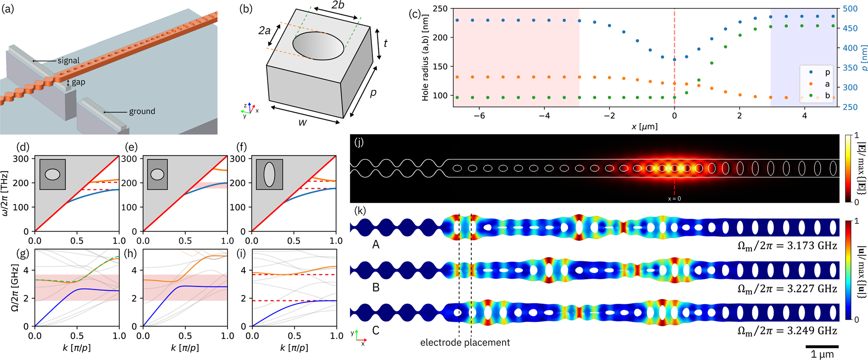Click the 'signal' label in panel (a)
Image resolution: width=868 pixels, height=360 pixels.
[69, 61]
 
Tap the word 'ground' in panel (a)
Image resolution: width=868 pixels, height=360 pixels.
[142, 111]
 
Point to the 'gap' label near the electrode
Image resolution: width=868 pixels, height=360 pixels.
[78, 82]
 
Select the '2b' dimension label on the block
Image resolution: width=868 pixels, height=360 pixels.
[338, 6]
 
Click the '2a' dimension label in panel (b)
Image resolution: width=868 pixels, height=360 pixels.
[265, 30]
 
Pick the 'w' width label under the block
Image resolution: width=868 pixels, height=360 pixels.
[302, 122]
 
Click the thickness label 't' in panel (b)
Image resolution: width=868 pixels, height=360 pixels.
[385, 43]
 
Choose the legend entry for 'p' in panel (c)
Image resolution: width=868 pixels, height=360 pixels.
[827, 72]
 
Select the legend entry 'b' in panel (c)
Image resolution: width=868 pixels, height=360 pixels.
[827, 95]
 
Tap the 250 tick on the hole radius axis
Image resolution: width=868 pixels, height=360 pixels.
[440, 9]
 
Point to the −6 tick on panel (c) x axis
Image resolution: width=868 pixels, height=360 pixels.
[479, 116]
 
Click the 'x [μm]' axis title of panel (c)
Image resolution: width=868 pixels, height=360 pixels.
[644, 127]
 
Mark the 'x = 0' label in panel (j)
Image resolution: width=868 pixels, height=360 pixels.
[674, 199]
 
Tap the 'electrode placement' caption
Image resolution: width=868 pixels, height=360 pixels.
[465, 343]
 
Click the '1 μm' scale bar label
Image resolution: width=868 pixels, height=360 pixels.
[822, 354]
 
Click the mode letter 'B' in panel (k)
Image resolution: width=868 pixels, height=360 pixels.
[376, 287]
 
